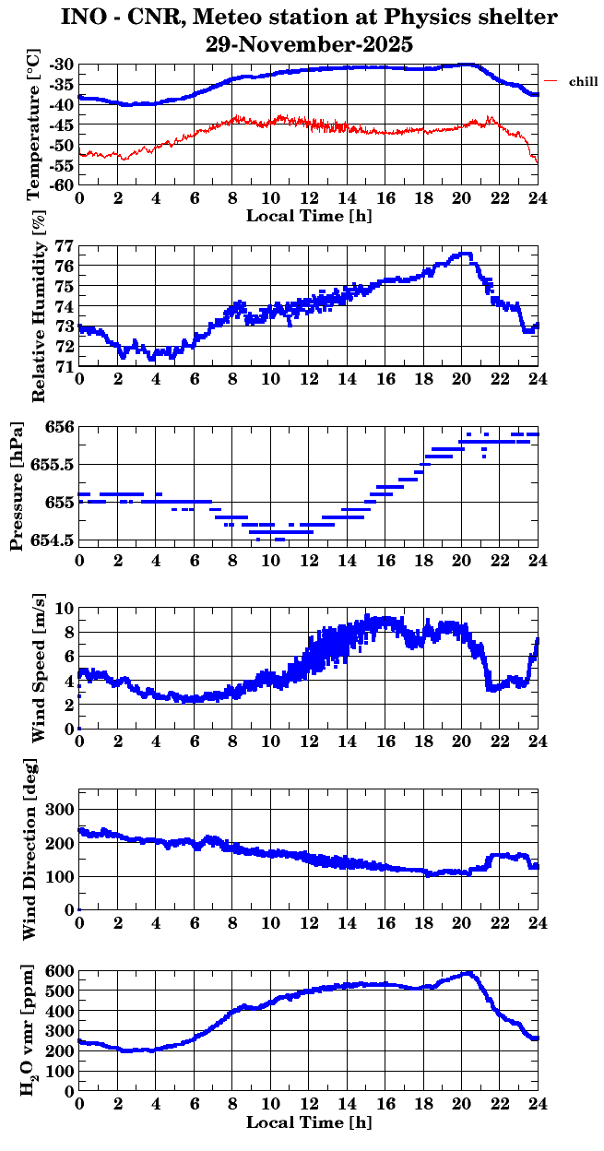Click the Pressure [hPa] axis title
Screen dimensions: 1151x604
pyautogui.click(x=17, y=485)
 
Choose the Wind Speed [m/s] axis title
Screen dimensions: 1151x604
pyautogui.click(x=38, y=669)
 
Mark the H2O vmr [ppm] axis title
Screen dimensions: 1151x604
pyautogui.click(x=30, y=1030)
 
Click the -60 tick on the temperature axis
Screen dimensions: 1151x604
pyautogui.click(x=63, y=184)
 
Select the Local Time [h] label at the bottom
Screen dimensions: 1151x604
pyautogui.click(x=310, y=1122)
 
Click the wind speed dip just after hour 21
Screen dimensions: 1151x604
pyautogui.click(x=491, y=688)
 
